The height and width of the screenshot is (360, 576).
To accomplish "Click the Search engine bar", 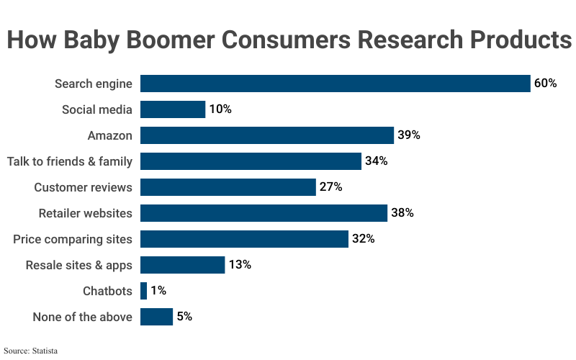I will pos(335,84).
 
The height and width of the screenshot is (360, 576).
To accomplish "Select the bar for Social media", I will pos(173,109).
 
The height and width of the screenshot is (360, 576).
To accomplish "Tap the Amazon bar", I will pos(266,135).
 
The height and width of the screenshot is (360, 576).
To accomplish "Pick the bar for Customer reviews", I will pos(228,187).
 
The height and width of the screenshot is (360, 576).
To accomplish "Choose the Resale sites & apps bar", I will pos(182,265).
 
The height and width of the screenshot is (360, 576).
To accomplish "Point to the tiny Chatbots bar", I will pos(143,291).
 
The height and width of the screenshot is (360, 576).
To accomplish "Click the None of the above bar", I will pos(156,317).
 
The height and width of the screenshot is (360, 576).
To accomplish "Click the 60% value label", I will pos(545,84).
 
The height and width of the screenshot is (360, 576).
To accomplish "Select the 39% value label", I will pos(408,135).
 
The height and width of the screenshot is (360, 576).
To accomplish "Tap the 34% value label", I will pos(376,161).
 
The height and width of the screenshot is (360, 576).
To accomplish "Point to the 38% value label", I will pos(402,213).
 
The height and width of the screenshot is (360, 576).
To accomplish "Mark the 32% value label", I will pos(363,239).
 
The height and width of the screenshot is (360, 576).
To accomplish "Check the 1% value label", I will pos(158,291).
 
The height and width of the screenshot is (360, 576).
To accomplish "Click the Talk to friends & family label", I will pos(70,161).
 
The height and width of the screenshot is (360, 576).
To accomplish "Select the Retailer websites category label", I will pos(86,213).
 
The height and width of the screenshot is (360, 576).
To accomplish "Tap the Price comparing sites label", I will pos(73,239).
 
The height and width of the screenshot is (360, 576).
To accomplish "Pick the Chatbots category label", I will pos(108,291).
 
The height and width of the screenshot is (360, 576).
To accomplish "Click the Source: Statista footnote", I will pos(30,351).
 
